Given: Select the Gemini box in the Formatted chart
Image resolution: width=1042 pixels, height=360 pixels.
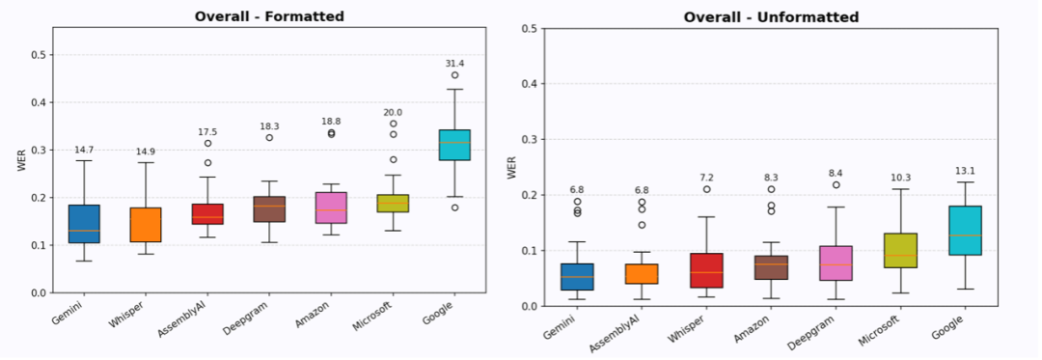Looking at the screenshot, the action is point(84,224).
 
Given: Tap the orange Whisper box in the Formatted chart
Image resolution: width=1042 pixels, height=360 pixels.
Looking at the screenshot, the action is point(146,225).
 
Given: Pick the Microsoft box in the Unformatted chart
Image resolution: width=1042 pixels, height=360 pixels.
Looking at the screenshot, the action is point(900,250).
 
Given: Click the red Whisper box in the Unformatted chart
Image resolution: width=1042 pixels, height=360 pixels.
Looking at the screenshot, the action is point(706,270).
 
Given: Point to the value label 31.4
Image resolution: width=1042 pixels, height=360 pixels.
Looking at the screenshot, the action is point(454,63).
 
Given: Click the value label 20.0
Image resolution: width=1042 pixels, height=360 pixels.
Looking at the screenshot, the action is point(393,113).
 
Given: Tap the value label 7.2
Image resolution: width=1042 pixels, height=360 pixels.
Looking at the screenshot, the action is point(706,179).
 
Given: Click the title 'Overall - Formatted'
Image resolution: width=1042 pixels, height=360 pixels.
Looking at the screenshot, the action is point(269,16).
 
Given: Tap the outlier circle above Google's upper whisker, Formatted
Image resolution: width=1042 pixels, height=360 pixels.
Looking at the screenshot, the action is point(454,75).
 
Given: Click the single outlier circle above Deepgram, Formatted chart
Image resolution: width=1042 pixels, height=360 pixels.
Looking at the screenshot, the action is point(269,137).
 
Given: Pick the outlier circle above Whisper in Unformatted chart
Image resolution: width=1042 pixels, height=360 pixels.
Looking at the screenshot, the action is point(706,189).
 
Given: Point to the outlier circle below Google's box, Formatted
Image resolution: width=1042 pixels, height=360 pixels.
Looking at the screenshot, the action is point(454,208).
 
